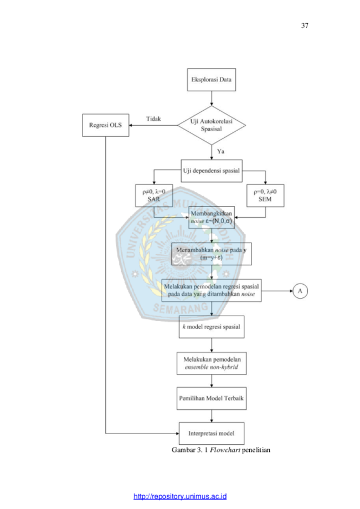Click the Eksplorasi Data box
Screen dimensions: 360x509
pyautogui.click(x=212, y=80)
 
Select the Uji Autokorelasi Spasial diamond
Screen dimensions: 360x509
pyautogui.click(x=212, y=125)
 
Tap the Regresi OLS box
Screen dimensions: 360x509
pyautogui.click(x=105, y=125)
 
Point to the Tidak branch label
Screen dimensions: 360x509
pyautogui.click(x=153, y=119)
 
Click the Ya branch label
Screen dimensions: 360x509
pyautogui.click(x=221, y=151)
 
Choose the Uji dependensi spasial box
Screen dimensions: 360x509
pyautogui.click(x=212, y=171)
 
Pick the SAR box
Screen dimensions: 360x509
pyautogui.click(x=154, y=196)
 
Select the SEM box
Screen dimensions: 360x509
pyautogui.click(x=265, y=196)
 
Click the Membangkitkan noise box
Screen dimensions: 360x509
pyautogui.click(x=212, y=217)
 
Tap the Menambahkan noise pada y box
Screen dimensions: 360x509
pyautogui.click(x=212, y=254)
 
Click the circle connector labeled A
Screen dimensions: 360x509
pyautogui.click(x=300, y=291)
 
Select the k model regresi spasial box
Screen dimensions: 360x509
pyautogui.click(x=212, y=327)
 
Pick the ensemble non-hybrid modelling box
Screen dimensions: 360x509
pyautogui.click(x=212, y=363)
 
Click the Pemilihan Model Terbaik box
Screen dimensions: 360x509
pyautogui.click(x=212, y=398)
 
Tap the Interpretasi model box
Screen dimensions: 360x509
pyautogui.click(x=212, y=433)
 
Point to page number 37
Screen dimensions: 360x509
pyautogui.click(x=305, y=25)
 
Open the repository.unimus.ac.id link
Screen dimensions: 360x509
pyautogui.click(x=180, y=496)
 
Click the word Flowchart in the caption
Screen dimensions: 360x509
pyautogui.click(x=225, y=450)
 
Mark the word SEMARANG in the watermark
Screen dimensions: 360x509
pyautogui.click(x=181, y=308)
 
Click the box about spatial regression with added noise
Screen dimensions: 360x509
pyautogui.click(x=212, y=291)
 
